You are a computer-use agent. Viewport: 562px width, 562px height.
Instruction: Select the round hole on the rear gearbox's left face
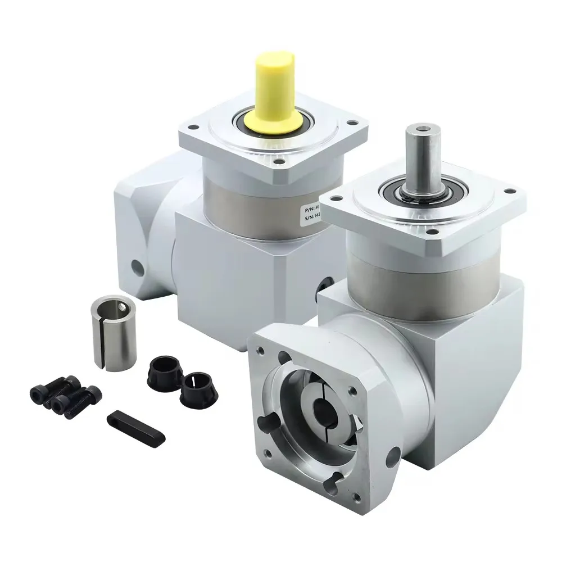click(x=136, y=263)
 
